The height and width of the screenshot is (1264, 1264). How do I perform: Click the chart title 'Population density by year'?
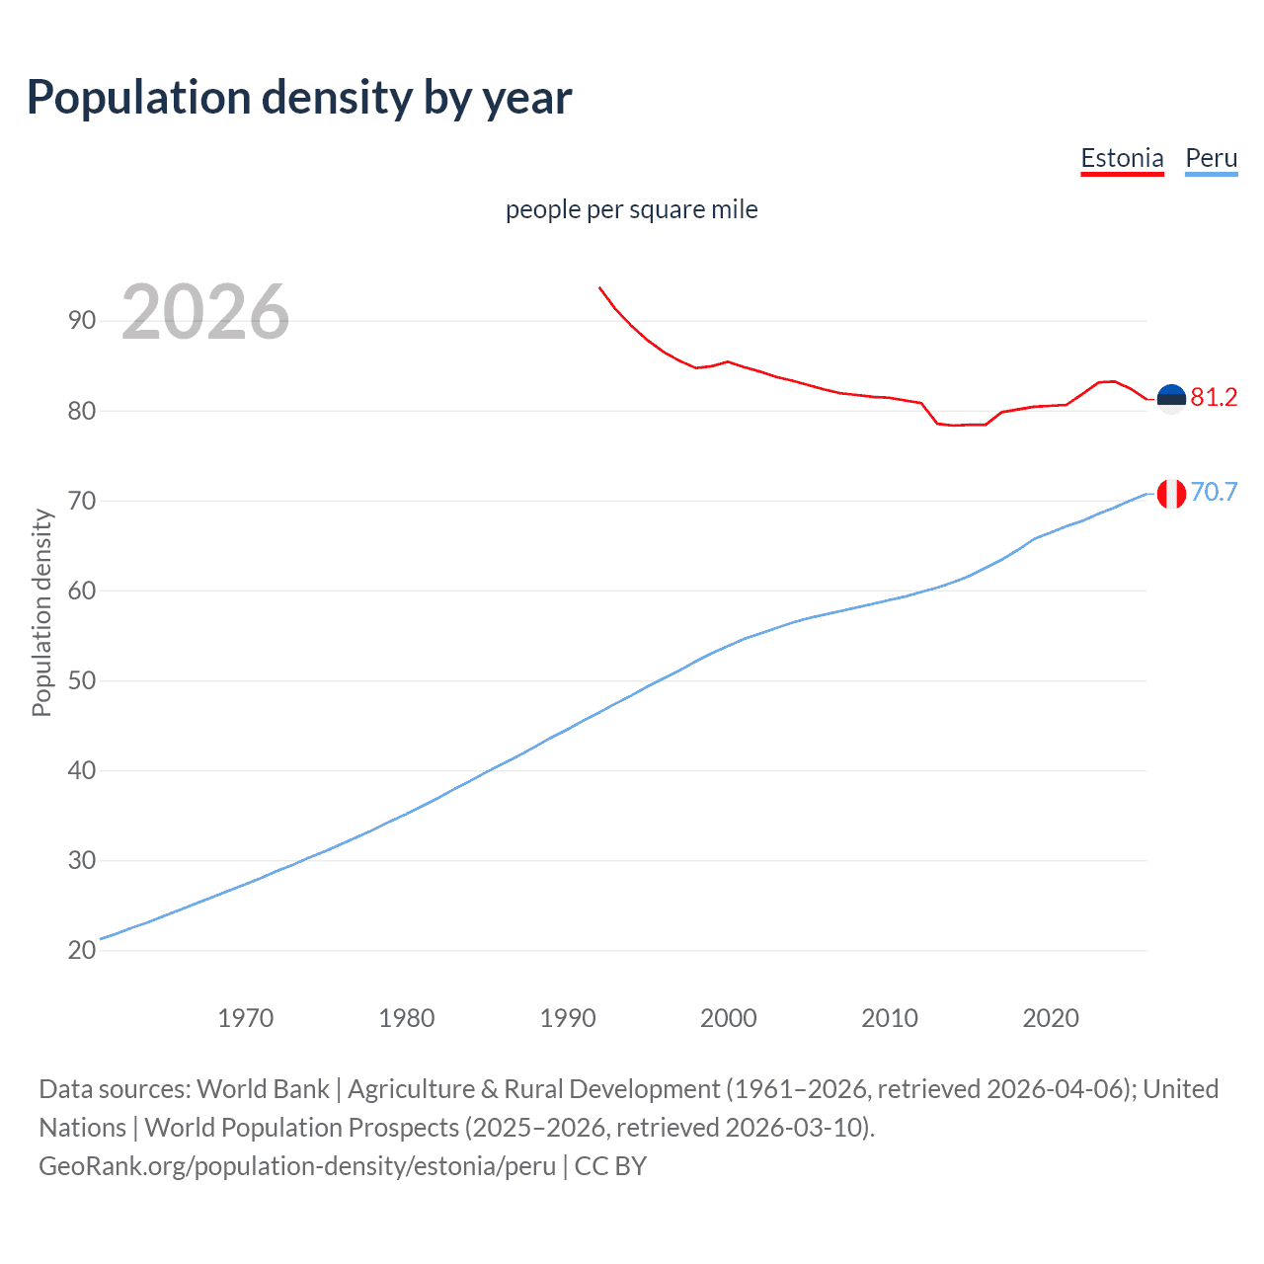299,98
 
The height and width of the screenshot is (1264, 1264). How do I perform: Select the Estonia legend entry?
1122,159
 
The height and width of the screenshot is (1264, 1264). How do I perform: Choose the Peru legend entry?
1211,159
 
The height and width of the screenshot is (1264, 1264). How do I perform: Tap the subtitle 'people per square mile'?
631,210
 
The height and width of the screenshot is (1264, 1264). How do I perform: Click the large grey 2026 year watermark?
205,312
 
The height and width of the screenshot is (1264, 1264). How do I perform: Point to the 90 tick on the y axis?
82,321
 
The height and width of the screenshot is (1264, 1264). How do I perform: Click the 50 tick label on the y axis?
82,681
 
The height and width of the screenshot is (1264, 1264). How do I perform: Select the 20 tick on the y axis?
82,951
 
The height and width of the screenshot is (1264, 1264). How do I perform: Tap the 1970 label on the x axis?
245,1018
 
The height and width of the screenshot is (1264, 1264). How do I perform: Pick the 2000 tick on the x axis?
728,1018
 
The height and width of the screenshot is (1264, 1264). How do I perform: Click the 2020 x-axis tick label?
1050,1018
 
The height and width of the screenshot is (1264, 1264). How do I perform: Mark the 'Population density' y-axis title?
41,612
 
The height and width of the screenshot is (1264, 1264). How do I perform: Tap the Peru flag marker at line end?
1171,493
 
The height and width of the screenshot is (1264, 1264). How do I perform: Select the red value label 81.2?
1214,398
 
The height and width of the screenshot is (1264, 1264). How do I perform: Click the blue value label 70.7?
1214,492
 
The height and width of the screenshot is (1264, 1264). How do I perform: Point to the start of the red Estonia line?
599,287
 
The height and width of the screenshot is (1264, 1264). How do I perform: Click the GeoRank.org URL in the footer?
297,1166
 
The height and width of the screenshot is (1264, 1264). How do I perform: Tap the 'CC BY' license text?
610,1166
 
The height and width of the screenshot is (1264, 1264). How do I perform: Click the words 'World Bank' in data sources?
263,1089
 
